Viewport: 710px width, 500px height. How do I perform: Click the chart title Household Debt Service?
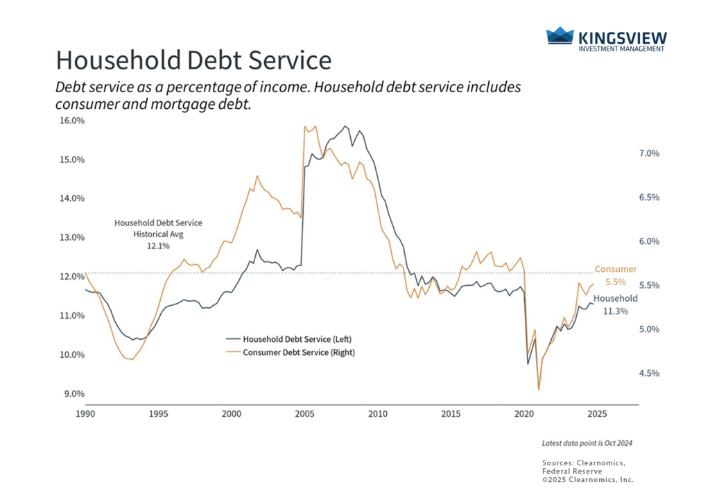pos(193,60)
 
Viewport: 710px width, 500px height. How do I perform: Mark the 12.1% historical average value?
pos(158,245)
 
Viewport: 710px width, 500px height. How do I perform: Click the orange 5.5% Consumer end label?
pos(616,282)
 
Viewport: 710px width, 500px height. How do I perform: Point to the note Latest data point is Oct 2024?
pos(587,442)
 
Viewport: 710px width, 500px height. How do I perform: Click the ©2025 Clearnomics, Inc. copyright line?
pos(588,479)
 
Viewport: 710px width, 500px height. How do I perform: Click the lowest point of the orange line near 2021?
pos(539,390)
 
